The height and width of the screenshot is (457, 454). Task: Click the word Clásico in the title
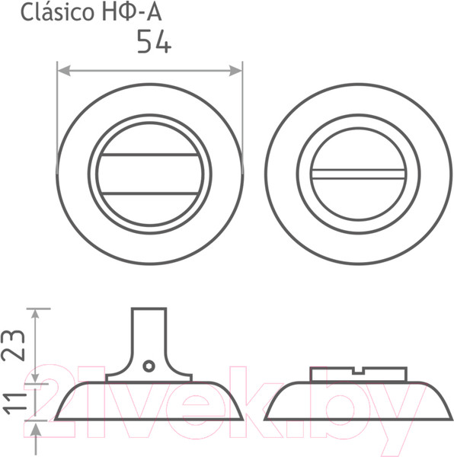point(57,13)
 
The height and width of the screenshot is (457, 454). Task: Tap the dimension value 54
point(154,41)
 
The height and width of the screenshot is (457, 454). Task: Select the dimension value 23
point(13,345)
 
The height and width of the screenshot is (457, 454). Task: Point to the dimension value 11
point(14,404)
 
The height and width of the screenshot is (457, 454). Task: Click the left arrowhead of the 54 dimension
point(64,71)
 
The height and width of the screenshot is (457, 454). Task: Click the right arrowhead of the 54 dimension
point(235,71)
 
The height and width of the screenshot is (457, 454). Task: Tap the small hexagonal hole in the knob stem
point(149,366)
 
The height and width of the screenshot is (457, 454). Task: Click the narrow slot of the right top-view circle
point(358,174)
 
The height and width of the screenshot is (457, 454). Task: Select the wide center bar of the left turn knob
point(150,174)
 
